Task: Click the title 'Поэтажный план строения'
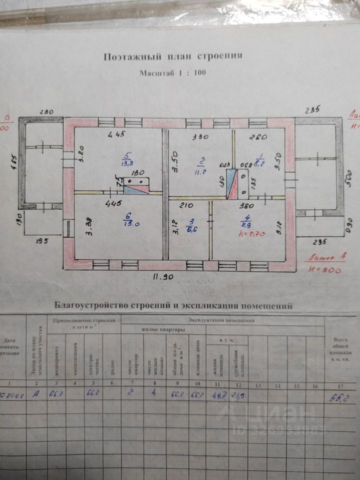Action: coord(173,56)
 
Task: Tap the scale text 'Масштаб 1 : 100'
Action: coord(172,73)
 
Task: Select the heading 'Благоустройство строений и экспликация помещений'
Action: coord(172,305)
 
